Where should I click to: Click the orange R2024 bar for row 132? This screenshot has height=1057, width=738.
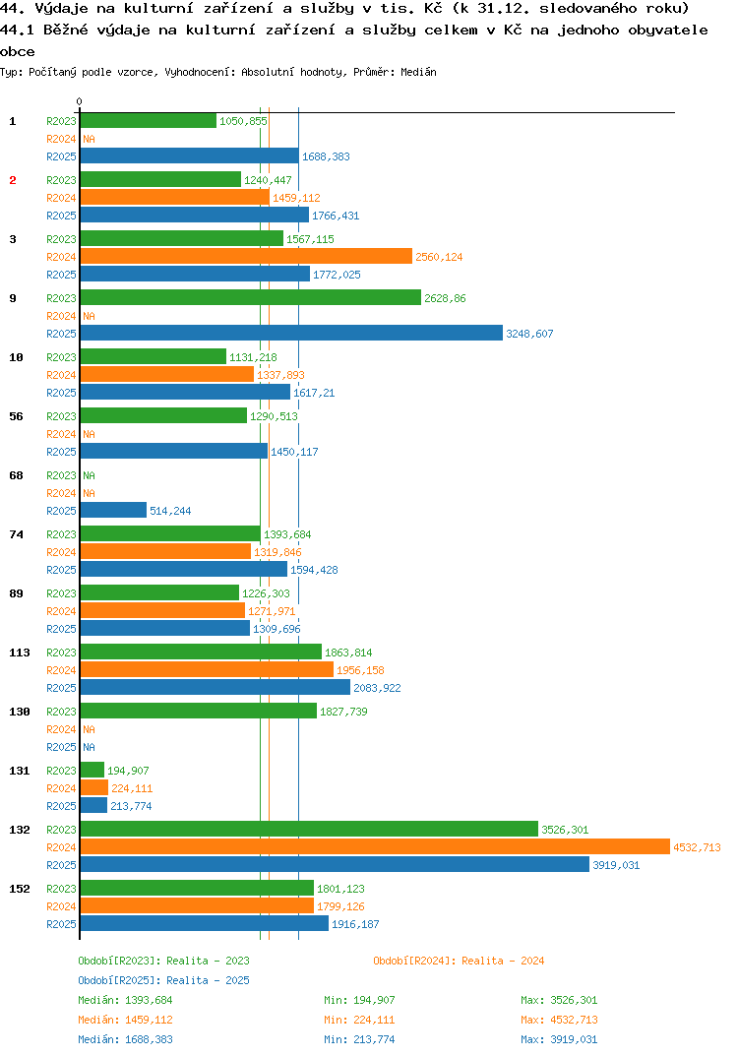tap(376, 846)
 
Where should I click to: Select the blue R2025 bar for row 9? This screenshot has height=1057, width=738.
tap(292, 333)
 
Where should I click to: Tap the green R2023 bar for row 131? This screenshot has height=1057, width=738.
tap(92, 770)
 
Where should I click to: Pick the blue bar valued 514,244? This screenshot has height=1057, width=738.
tap(113, 511)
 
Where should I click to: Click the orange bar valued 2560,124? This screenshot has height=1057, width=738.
tap(247, 256)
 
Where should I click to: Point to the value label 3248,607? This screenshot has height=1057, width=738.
tap(529, 334)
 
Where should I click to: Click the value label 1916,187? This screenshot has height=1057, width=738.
tap(355, 924)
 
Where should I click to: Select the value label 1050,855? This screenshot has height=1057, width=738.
tap(243, 121)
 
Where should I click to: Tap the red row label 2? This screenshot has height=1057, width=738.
tap(13, 180)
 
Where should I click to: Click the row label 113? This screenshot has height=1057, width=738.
tap(20, 653)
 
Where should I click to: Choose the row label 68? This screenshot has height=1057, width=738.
tap(16, 475)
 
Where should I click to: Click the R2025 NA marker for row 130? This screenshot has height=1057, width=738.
tap(89, 747)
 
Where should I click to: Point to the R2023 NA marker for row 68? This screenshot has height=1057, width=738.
tap(89, 475)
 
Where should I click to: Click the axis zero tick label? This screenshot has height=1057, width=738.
tap(80, 101)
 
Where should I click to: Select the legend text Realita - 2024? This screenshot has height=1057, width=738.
tap(503, 961)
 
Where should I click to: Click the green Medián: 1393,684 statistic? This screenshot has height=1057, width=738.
tap(125, 1000)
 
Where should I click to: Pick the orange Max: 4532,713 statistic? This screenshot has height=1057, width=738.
tap(559, 1020)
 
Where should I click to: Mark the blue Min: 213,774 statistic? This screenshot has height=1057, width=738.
tap(359, 1039)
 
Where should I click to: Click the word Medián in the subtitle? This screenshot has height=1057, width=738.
tap(418, 72)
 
